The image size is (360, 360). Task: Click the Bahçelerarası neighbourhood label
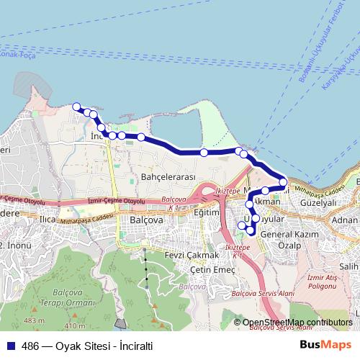(168, 177)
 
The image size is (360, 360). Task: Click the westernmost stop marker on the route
(76, 107)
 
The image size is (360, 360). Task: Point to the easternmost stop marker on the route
(284, 182)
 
